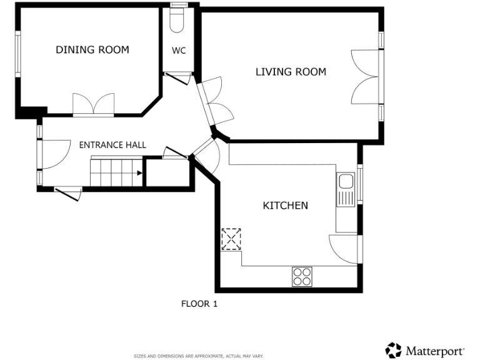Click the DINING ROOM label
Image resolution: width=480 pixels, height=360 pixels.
[92, 50]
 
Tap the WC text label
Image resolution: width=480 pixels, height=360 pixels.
[179, 51]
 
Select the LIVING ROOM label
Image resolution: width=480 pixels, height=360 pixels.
[291, 72]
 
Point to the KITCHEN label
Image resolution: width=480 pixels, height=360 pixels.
[285, 205]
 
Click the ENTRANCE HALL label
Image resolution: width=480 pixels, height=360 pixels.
[112, 145]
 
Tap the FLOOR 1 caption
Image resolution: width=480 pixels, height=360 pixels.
[199, 304]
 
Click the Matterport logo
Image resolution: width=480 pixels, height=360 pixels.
[424, 350]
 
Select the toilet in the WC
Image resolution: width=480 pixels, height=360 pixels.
[178, 19]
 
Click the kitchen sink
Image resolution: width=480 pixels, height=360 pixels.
[345, 189]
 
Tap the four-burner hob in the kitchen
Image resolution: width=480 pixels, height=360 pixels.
[302, 276]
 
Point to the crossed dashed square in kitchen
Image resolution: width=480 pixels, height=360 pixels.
[231, 239]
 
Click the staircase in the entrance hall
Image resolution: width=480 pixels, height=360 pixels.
[116, 172]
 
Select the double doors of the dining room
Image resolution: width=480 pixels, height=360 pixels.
[94, 105]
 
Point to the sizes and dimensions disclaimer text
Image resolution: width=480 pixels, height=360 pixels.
[199, 356]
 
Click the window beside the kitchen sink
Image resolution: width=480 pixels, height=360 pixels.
[359, 184]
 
